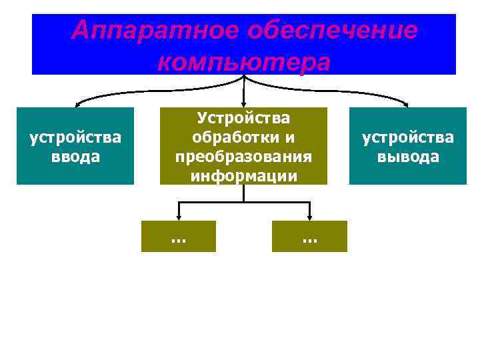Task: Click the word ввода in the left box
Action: click(x=75, y=157)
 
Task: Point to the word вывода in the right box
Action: click(x=408, y=157)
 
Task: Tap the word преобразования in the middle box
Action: click(x=243, y=157)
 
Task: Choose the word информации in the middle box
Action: click(x=243, y=175)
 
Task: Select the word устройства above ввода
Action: click(x=75, y=138)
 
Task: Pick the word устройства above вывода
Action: click(x=408, y=138)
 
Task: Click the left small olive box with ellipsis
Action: click(x=179, y=236)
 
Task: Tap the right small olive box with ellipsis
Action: click(x=309, y=236)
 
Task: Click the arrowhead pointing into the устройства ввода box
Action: click(x=77, y=104)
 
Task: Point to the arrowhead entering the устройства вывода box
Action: click(x=408, y=104)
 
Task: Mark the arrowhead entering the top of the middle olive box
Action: click(x=244, y=104)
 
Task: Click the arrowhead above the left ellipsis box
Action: click(x=179, y=217)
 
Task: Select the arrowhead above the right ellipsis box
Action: click(x=309, y=217)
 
